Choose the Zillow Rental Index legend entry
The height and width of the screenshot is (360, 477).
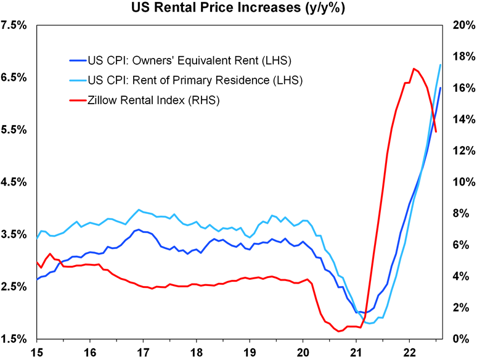pyautogui.click(x=154, y=99)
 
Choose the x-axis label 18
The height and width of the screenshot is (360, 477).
pyautogui.click(x=197, y=353)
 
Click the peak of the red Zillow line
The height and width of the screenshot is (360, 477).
pyautogui.click(x=414, y=68)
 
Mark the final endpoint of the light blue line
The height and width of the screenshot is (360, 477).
pyautogui.click(x=441, y=65)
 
